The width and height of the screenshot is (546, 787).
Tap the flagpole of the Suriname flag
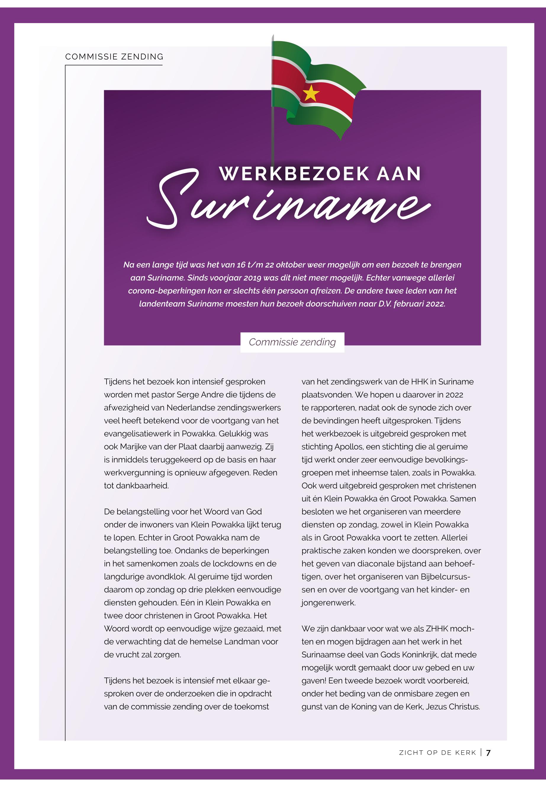tap(273, 137)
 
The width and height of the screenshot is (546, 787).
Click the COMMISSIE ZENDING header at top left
tap(114, 57)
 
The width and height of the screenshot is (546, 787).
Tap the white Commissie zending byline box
tap(292, 342)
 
